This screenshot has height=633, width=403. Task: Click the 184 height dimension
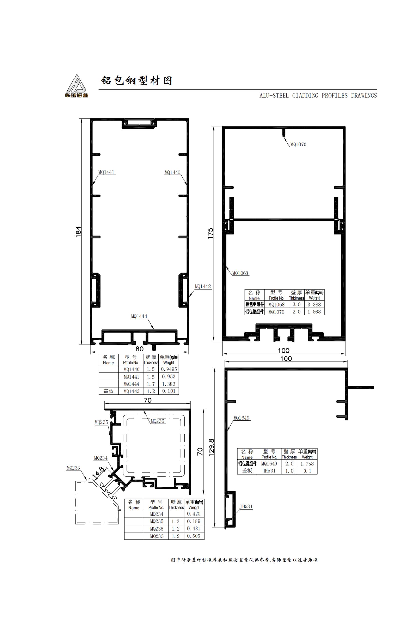pyautogui.click(x=78, y=232)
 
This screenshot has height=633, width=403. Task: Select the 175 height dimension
pyautogui.click(x=211, y=234)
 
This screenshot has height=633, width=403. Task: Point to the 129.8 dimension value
pyautogui.click(x=211, y=447)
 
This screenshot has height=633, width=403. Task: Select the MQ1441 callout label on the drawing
pyautogui.click(x=107, y=172)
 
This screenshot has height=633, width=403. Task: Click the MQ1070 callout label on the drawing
pyautogui.click(x=298, y=144)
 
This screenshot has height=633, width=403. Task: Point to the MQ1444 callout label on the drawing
pyautogui.click(x=139, y=316)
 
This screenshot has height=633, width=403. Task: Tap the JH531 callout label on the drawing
pyautogui.click(x=246, y=506)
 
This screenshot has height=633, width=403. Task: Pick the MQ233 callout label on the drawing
pyautogui.click(x=73, y=468)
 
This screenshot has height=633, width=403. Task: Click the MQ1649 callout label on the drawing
pyautogui.click(x=242, y=418)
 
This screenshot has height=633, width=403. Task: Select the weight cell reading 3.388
pyautogui.click(x=314, y=305)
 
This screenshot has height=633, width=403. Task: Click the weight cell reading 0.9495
pyautogui.click(x=169, y=369)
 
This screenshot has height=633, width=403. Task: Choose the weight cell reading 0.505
pyautogui.click(x=194, y=536)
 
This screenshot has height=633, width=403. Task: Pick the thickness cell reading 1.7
pyautogui.click(x=151, y=384)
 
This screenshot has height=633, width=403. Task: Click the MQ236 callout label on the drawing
pyautogui.click(x=157, y=421)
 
